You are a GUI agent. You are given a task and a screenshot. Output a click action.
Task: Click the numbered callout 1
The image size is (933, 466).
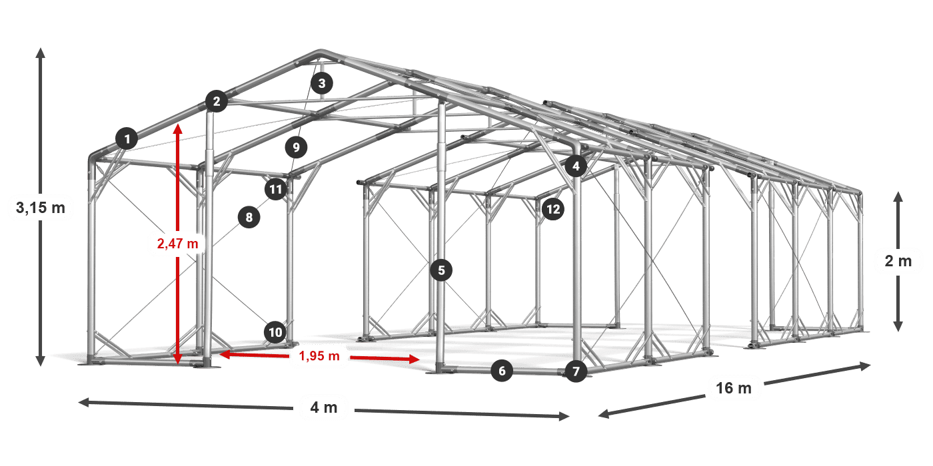click(x=127, y=139)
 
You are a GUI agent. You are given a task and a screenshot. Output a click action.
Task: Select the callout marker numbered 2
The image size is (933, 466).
click(x=216, y=102)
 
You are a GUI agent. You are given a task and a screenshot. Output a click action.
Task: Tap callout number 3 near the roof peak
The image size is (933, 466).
click(x=322, y=84)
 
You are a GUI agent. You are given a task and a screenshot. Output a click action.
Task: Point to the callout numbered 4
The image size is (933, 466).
click(x=576, y=166)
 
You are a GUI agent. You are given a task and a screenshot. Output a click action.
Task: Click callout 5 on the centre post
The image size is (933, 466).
click(x=441, y=270)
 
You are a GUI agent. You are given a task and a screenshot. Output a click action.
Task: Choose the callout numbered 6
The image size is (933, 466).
click(x=502, y=371)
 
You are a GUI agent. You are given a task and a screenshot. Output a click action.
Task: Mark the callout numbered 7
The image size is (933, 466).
click(x=576, y=371)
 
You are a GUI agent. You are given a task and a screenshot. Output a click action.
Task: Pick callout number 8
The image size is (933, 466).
click(x=249, y=217)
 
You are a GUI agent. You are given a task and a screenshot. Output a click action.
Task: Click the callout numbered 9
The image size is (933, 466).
click(x=297, y=146)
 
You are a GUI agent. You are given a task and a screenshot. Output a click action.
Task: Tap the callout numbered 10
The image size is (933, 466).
click(x=275, y=332)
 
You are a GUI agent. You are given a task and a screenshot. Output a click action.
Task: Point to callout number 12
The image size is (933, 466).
click(x=552, y=210)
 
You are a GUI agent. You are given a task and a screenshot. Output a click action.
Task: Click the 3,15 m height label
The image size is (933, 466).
click(x=41, y=208)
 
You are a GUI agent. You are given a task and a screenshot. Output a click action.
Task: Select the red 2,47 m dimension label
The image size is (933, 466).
click(x=177, y=244)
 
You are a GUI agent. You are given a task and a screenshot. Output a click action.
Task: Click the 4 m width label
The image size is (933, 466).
click(x=324, y=407)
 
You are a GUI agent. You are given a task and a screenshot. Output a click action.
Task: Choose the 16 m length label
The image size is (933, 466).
click(x=734, y=388)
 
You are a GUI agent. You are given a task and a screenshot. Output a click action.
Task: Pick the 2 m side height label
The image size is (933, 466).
click(x=898, y=261)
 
